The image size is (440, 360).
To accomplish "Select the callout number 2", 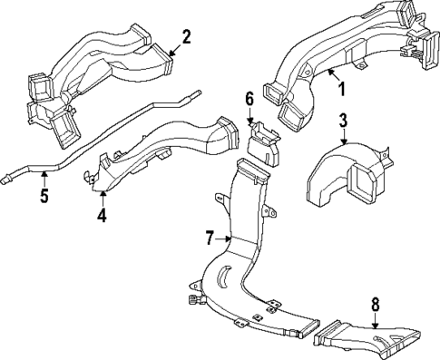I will [186, 37].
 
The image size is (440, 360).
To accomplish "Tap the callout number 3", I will [343, 120].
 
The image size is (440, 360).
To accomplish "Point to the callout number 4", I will [103, 216].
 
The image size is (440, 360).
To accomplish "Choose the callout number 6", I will [249, 98].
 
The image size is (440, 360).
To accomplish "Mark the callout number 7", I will [210, 238].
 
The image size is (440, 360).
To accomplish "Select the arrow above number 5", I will [44, 177].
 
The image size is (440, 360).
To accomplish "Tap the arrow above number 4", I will [103, 198].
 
